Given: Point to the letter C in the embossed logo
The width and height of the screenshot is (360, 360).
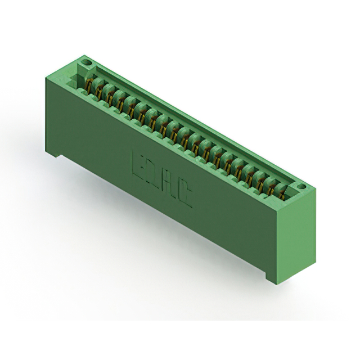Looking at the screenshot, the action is click(184, 196).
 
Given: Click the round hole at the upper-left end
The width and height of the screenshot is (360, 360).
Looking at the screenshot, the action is click(87, 62).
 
